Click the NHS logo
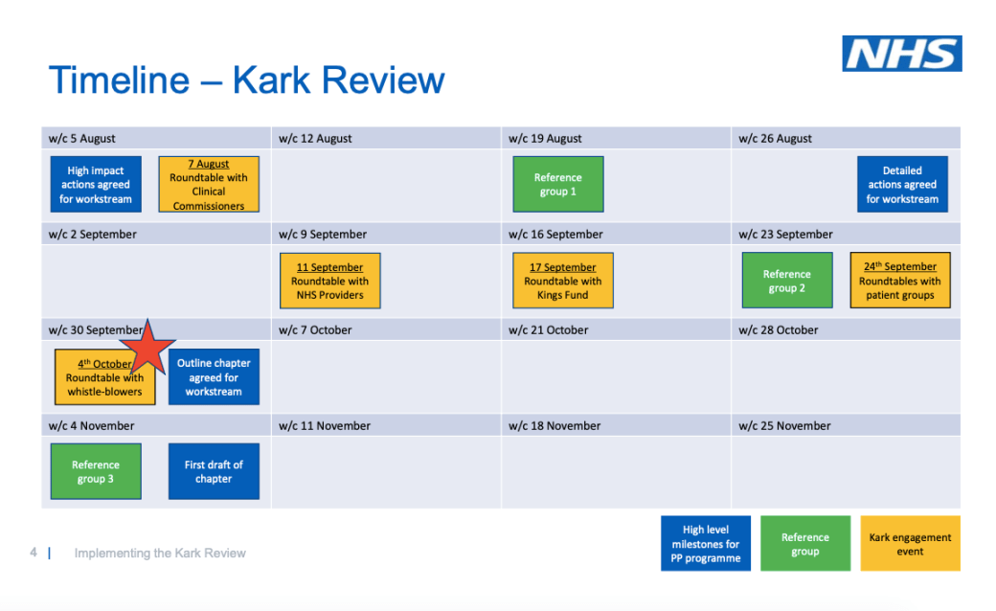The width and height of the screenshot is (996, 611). pyautogui.click(x=902, y=54)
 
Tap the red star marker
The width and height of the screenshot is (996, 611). pyautogui.click(x=147, y=348)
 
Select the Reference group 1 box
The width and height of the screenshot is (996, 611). pyautogui.click(x=558, y=184)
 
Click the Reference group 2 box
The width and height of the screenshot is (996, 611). pyautogui.click(x=787, y=280)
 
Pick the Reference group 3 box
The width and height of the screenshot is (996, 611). pyautogui.click(x=96, y=471)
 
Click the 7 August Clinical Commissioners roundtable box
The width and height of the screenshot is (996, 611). pyautogui.click(x=209, y=184)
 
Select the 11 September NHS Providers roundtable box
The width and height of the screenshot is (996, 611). pyautogui.click(x=330, y=281)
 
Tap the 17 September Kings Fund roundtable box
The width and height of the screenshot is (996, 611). pyautogui.click(x=563, y=280)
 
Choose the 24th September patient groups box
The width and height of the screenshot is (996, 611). pyautogui.click(x=900, y=280)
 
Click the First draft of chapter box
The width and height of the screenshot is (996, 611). pyautogui.click(x=215, y=471)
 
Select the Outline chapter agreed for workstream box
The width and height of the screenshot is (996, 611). pyautogui.click(x=215, y=376)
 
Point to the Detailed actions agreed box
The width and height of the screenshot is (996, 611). pyautogui.click(x=902, y=184)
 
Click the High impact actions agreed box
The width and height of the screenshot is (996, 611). pyautogui.click(x=96, y=184)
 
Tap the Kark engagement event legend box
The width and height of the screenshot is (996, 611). pyautogui.click(x=910, y=544)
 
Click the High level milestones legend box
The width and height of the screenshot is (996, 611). pyautogui.click(x=706, y=544)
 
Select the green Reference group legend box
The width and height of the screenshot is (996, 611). pyautogui.click(x=805, y=544)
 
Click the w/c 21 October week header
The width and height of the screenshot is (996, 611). pyautogui.click(x=548, y=330)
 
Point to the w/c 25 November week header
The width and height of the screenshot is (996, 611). pyautogui.click(x=784, y=426)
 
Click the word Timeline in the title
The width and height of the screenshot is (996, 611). pyautogui.click(x=120, y=80)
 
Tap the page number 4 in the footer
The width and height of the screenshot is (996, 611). pyautogui.click(x=33, y=553)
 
